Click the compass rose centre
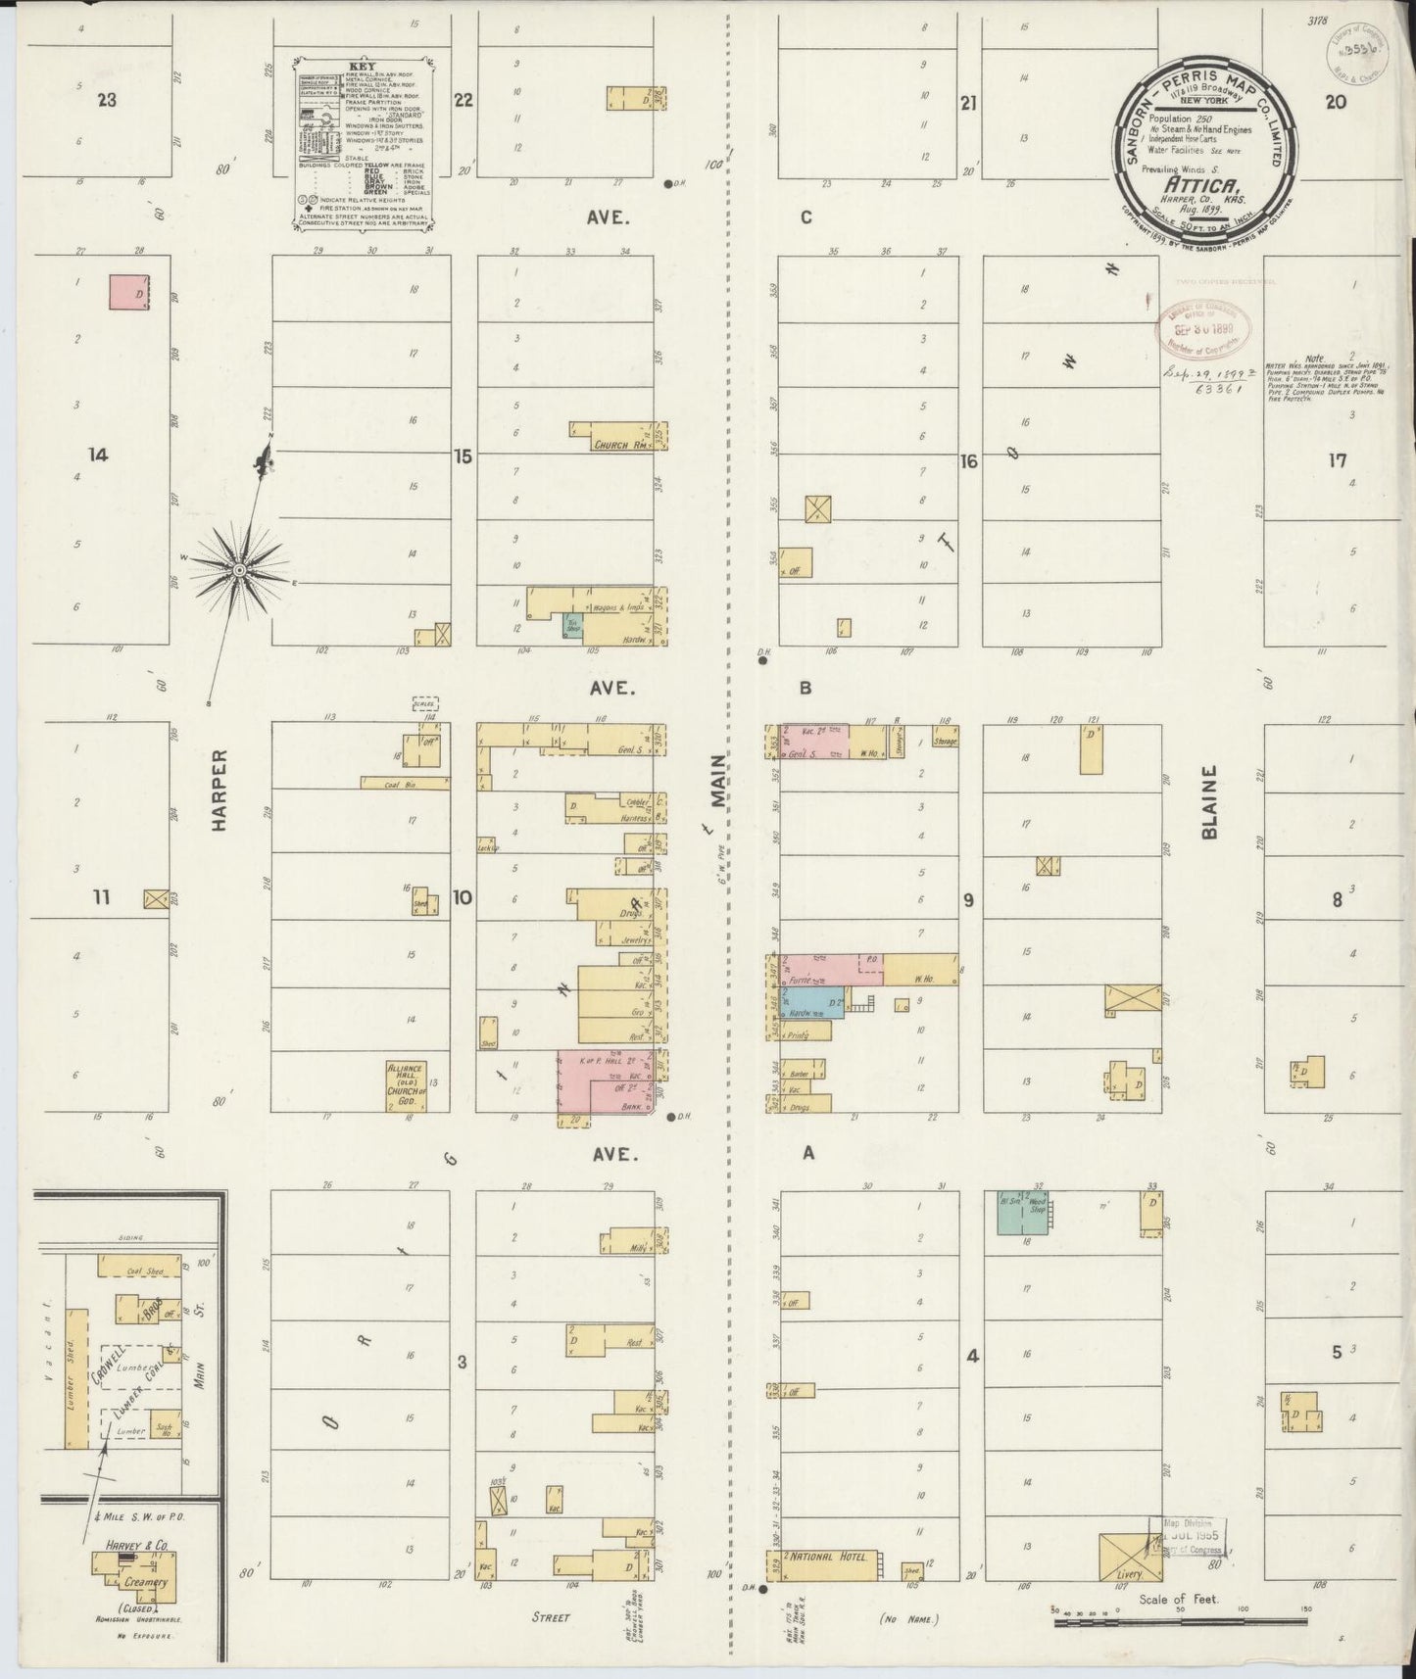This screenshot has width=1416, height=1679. click(239, 569)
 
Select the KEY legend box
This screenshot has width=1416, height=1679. click(364, 144)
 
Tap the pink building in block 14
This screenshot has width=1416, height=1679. click(127, 292)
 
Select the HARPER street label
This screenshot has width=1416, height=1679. click(219, 790)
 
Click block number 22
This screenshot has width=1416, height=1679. click(464, 99)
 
